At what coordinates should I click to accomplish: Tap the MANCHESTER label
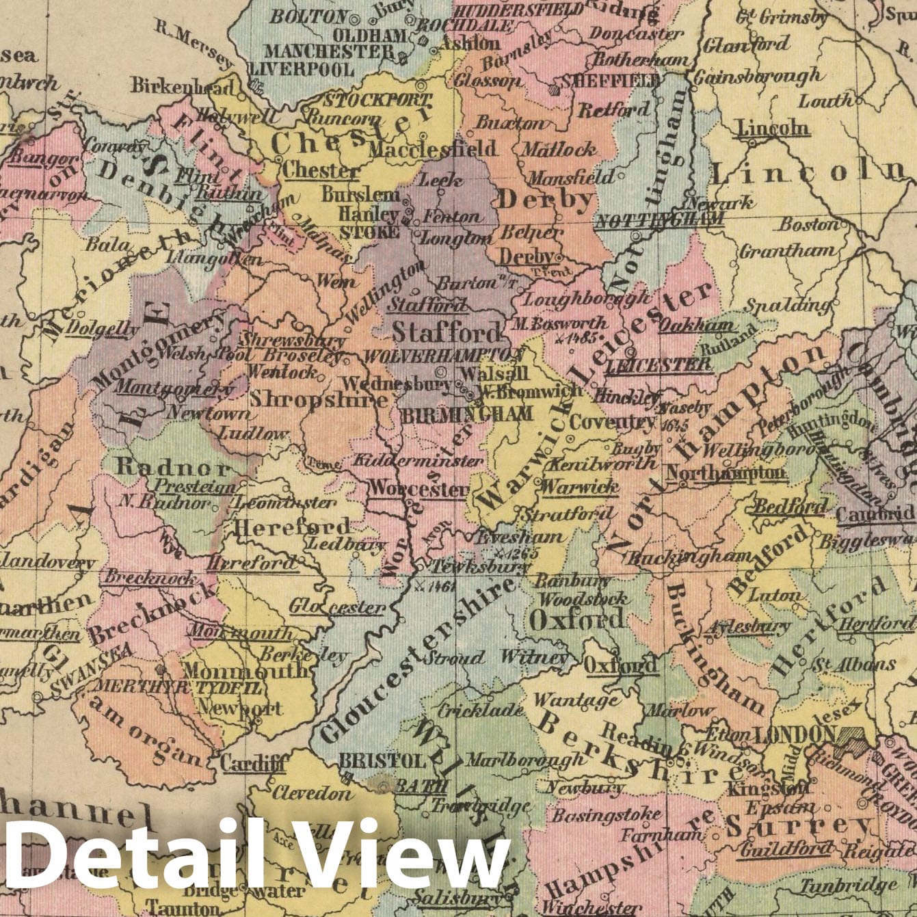pos(330,51)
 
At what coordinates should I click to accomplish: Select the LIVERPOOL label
pos(301,69)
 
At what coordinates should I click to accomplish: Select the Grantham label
pos(786,251)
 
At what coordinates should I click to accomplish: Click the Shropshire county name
pos(319,399)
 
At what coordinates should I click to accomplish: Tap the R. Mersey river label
pos(194,45)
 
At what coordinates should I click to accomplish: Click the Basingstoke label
pos(606,815)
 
